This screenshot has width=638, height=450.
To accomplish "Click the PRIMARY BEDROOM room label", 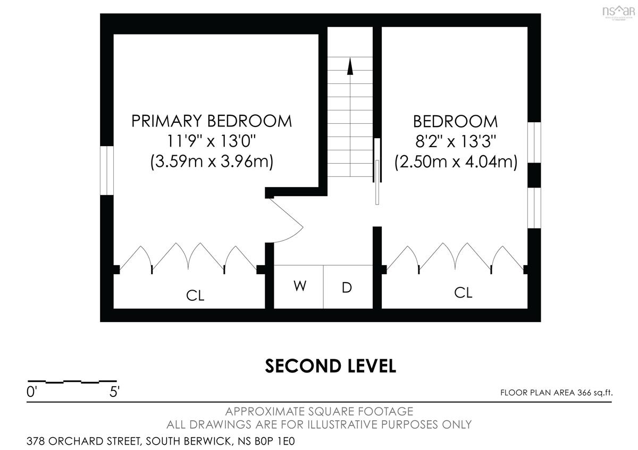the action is click(212, 121).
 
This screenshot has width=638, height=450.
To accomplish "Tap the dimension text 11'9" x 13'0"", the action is click(211, 141).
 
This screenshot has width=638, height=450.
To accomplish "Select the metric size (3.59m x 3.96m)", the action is click(212, 162).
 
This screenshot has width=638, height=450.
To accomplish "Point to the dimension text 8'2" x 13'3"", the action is click(456, 141).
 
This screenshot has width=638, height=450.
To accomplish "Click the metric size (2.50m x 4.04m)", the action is click(456, 162).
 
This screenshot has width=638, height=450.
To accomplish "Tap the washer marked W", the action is click(300, 286).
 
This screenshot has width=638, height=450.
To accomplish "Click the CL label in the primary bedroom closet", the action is click(195, 295).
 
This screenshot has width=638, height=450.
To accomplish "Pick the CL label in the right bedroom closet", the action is click(463, 292).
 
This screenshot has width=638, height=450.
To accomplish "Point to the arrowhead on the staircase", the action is click(350, 66).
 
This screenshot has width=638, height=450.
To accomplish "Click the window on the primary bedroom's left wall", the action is click(107, 171).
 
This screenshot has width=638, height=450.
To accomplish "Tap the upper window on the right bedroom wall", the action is click(534, 142).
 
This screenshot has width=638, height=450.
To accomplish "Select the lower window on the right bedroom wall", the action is click(534, 208).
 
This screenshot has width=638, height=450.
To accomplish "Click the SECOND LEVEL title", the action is click(330, 366).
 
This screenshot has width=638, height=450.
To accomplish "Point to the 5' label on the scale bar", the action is click(114, 392).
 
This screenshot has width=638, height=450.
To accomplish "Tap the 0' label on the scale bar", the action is click(32, 392).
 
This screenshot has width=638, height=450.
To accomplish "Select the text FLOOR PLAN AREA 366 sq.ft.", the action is click(557, 393).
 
